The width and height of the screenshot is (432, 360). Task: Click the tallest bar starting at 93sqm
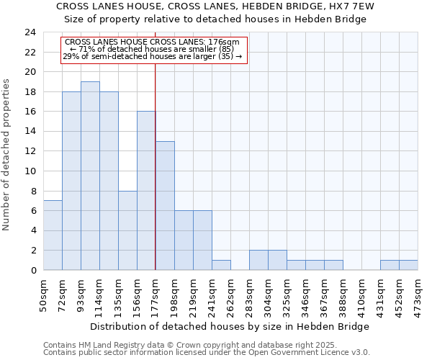[90, 176]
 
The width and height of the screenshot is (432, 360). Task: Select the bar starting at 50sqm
[53, 235]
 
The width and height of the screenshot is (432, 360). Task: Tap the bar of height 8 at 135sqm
[127, 230]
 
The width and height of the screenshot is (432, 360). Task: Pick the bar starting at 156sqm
[146, 191]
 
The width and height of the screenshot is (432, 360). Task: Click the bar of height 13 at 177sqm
[165, 206]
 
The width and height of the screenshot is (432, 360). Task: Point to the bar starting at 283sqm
[258, 260]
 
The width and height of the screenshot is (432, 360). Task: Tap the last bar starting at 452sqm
[408, 265]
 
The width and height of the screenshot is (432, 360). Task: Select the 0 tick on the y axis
[32, 270]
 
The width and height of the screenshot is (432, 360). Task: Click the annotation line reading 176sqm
[155, 42]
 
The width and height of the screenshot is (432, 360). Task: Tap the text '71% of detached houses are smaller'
[155, 49]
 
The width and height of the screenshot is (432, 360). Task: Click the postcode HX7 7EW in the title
[359, 6]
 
